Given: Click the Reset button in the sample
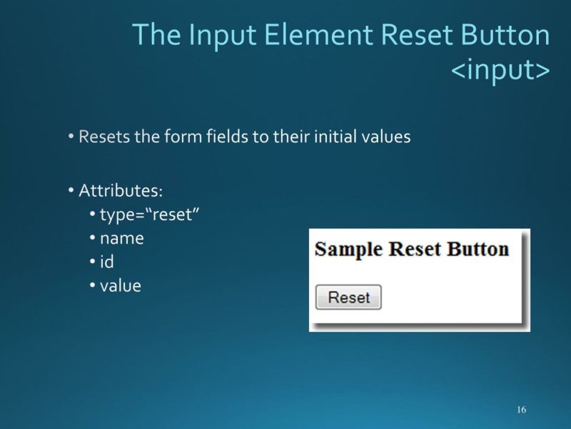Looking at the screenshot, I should [348, 297].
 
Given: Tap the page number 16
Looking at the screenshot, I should [521, 410].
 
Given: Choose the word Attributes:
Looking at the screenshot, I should [121, 191].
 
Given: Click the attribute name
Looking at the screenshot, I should [121, 239].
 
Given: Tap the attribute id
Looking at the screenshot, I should [107, 262].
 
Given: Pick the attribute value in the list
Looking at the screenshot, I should [121, 286].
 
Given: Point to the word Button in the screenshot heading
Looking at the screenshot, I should [477, 249].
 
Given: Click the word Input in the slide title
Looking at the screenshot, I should [212, 36].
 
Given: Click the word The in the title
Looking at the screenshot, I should [155, 36].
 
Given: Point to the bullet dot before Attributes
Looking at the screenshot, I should [72, 191].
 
